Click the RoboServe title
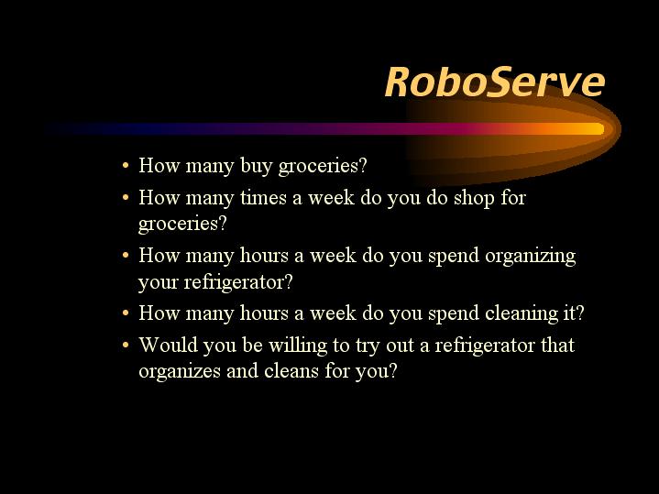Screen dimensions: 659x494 495,82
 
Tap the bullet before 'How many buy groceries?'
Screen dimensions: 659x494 126,166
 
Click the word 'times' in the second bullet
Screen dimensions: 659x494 263,198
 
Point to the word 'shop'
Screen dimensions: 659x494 474,199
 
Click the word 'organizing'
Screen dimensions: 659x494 531,257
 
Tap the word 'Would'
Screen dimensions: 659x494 168,346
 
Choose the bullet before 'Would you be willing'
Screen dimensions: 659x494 126,346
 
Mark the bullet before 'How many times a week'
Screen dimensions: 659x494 126,198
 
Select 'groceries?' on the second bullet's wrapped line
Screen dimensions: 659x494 182,224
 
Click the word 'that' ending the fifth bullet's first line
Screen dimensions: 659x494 557,346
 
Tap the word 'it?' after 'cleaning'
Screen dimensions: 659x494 573,313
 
